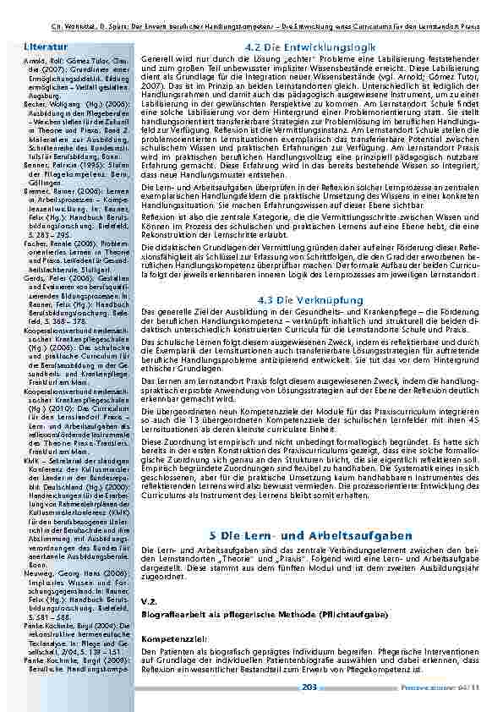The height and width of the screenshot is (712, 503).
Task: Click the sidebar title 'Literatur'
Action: click(x=42, y=42)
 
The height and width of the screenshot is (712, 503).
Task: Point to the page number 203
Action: click(x=309, y=687)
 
